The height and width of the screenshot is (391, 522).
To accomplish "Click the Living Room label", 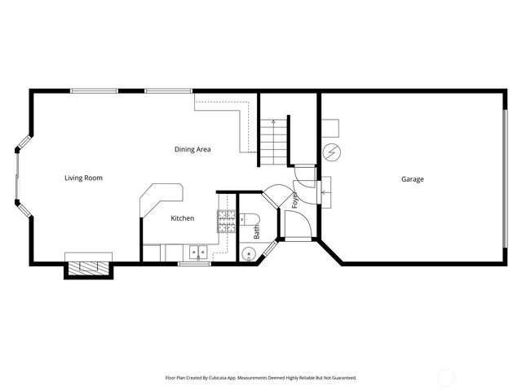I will point(83,178).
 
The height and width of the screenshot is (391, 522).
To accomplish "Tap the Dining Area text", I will point(192,149).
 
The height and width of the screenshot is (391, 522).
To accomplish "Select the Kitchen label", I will point(182,218).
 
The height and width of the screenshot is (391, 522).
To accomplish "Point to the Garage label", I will point(412,179).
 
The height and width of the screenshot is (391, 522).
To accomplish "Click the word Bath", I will point(256,232).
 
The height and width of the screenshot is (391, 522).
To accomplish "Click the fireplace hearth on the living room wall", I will point(88,266).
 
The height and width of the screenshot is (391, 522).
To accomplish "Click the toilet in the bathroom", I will point(250,217).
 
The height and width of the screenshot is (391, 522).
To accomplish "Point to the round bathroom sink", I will point(249,254).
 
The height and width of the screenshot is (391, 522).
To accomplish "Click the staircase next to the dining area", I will point(275,139).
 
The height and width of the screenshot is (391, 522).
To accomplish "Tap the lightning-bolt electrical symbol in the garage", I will point(333,152).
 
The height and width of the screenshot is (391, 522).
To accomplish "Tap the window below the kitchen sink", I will point(194,264).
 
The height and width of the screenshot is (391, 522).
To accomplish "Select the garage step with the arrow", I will point(326,191).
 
